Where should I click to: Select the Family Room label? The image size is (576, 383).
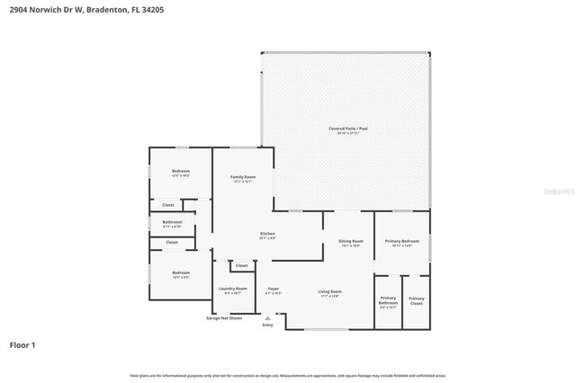click(x=243, y=178)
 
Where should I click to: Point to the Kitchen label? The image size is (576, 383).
click(x=267, y=235)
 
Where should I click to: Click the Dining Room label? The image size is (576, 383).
click(x=350, y=242)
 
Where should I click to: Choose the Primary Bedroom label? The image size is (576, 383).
click(x=402, y=242)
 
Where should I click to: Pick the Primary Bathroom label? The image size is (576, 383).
click(x=388, y=300)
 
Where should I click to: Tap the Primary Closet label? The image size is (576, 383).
click(x=416, y=300)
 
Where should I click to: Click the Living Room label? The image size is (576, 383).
click(x=329, y=292)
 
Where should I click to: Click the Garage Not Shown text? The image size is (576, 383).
click(x=224, y=317)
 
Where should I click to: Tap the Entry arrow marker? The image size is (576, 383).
click(x=267, y=316)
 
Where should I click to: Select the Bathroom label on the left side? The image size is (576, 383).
click(x=172, y=223)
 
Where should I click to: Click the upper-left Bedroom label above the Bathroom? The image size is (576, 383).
click(x=181, y=172)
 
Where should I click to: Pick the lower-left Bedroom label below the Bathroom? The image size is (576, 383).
click(x=181, y=272)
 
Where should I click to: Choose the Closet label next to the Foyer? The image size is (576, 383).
click(x=241, y=265)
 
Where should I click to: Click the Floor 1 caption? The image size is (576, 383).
click(x=22, y=344)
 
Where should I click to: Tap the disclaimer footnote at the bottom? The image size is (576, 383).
click(x=287, y=375)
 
